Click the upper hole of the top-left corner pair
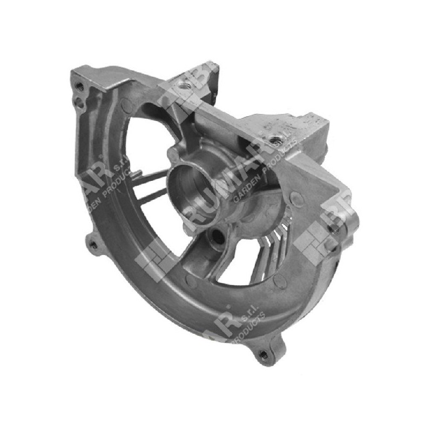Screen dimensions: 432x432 (80, 86)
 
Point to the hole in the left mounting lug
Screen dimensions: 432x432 (93, 244)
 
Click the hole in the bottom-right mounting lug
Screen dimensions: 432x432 (263, 354)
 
